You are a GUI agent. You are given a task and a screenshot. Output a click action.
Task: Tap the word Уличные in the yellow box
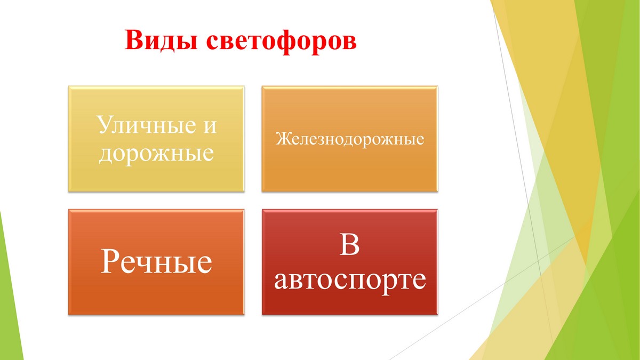click(147, 126)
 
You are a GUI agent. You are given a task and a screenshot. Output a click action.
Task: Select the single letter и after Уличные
click(210, 127)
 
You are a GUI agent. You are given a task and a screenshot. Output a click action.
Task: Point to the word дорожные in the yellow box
click(156, 154)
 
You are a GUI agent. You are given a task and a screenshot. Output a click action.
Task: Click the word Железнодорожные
click(350, 139)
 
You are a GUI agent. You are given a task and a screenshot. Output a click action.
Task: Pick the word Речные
click(156, 261)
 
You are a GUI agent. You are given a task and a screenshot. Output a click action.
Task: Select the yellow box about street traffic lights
click(156, 139)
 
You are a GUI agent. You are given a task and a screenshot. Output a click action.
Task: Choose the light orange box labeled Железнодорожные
click(350, 139)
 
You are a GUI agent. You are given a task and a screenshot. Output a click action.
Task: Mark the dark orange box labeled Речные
click(156, 262)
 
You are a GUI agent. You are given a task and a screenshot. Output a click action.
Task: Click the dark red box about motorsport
click(350, 262)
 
